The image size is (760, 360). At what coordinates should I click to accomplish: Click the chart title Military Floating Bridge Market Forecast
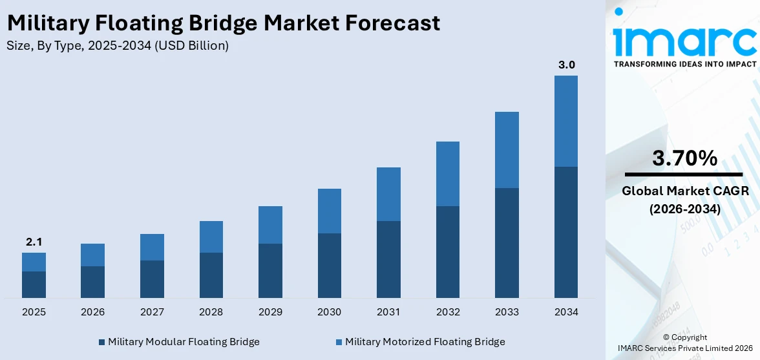[223, 23]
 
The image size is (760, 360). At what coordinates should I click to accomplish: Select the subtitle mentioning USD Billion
[117, 46]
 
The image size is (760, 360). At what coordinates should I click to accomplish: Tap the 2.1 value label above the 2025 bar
[34, 242]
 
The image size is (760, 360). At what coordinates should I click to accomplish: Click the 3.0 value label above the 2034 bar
[566, 65]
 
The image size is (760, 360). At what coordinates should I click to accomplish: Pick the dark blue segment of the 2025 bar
[34, 284]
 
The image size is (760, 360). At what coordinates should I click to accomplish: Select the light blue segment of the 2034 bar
[566, 121]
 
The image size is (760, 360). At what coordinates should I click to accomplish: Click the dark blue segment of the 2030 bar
[330, 265]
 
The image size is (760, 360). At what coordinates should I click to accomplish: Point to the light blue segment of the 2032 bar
[448, 174]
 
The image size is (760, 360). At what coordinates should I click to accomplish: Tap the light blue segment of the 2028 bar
[211, 237]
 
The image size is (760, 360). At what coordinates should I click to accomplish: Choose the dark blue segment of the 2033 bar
[507, 242]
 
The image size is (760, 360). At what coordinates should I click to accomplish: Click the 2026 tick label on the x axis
[93, 312]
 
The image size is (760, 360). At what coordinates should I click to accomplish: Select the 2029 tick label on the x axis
[270, 312]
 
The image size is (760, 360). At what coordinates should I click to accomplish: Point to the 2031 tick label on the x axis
[388, 312]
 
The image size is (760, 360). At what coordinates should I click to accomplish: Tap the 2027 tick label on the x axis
[152, 312]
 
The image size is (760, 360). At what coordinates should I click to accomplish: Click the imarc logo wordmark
[684, 39]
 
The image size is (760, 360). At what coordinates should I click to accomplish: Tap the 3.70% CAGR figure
[684, 158]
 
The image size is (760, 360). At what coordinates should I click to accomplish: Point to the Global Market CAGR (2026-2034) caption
[684, 200]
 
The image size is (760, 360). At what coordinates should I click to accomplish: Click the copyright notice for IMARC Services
[684, 342]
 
